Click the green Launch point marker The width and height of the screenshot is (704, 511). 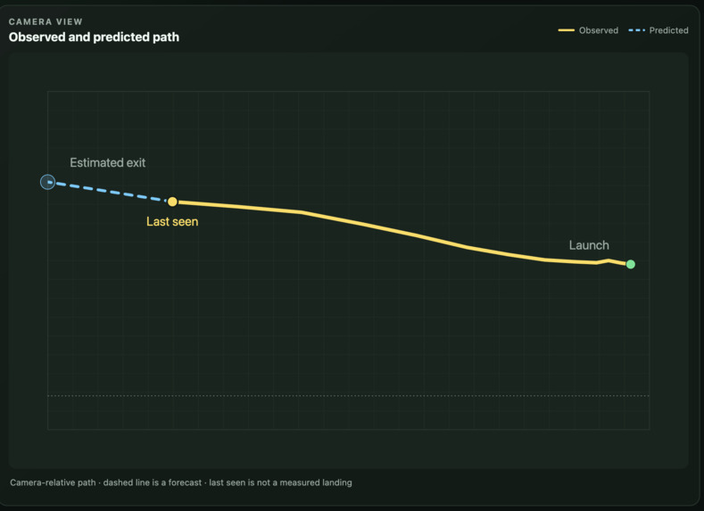[630, 264]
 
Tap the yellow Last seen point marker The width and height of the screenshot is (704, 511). [172, 202]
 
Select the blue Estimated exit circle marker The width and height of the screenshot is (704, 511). [47, 182]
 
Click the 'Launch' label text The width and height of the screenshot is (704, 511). [589, 245]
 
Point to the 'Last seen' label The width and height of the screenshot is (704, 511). [172, 222]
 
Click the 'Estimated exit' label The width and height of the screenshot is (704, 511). [108, 162]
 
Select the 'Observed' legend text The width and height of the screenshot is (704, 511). [599, 30]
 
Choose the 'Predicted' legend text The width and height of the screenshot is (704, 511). [668, 30]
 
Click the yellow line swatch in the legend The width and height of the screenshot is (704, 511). [567, 30]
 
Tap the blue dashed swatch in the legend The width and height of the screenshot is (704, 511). [637, 30]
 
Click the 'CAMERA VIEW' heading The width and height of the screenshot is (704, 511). [46, 21]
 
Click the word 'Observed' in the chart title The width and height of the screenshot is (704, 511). [37, 37]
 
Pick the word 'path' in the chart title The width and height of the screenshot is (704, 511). [167, 37]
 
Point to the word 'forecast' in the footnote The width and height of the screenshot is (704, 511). [185, 482]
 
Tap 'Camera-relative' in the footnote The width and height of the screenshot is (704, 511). [39, 482]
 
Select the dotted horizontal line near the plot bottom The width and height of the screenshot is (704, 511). [348, 396]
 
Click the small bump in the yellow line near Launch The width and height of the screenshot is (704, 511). [609, 260]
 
